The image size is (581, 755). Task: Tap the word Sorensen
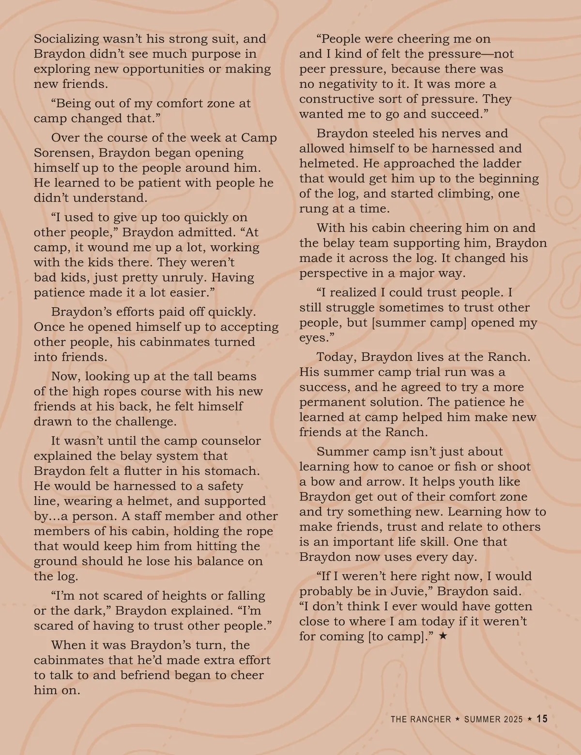pyautogui.click(x=64, y=153)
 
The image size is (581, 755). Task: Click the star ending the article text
pyautogui.click(x=443, y=636)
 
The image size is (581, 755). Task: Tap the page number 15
pyautogui.click(x=542, y=719)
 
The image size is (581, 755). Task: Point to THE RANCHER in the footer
pyautogui.click(x=421, y=720)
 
